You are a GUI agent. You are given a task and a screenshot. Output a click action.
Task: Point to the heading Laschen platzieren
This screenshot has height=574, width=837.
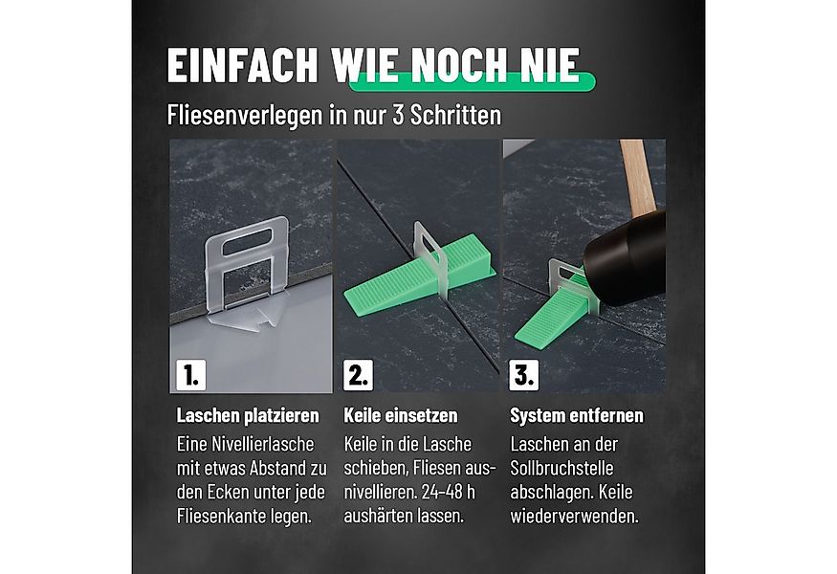point(248,416)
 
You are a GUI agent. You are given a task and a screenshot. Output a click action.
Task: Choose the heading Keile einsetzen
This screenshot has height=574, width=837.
point(400,416)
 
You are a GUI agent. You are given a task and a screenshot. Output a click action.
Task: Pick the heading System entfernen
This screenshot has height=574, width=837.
point(577,416)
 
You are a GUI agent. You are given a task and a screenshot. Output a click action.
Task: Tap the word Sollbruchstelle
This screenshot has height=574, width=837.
point(562,469)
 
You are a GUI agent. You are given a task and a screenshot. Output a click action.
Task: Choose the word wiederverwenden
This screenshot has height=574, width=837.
point(574,516)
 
